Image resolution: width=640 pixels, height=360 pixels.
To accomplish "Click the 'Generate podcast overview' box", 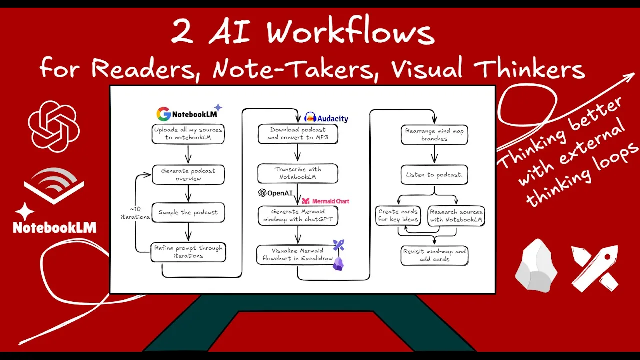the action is (x=188, y=175).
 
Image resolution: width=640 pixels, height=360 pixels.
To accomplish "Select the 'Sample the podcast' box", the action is (x=188, y=212).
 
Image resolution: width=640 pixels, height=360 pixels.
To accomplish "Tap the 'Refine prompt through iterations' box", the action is (x=188, y=252).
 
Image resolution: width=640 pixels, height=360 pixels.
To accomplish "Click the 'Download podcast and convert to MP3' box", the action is (x=298, y=133).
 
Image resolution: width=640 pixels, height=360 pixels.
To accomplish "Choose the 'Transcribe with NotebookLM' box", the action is (x=298, y=173).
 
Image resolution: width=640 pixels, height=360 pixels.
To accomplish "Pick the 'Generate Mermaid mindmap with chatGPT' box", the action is (x=298, y=215).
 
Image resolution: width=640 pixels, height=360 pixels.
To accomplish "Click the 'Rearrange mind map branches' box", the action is (x=434, y=135).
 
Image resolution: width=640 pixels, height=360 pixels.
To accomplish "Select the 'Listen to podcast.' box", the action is (x=434, y=175).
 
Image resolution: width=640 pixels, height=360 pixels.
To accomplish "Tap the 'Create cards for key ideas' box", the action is (x=398, y=215).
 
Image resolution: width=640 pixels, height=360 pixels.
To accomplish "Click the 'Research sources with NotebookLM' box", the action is (x=456, y=215).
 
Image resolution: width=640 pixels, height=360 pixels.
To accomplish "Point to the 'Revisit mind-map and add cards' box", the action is (x=434, y=255).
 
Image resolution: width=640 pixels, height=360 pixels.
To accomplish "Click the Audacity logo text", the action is (x=333, y=119).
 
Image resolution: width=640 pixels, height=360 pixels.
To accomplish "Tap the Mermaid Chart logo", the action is (x=325, y=201).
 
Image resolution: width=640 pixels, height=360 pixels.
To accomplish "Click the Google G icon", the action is (x=163, y=114).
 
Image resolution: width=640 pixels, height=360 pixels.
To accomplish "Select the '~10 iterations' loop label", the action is (x=135, y=213).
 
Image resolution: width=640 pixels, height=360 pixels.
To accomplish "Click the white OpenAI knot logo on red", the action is (x=53, y=126).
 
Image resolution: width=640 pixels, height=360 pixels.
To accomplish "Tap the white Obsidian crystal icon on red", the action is (x=536, y=265).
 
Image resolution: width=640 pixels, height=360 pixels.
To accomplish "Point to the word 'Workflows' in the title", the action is (x=350, y=33).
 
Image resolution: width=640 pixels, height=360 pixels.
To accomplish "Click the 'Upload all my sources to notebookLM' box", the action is (x=188, y=133).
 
